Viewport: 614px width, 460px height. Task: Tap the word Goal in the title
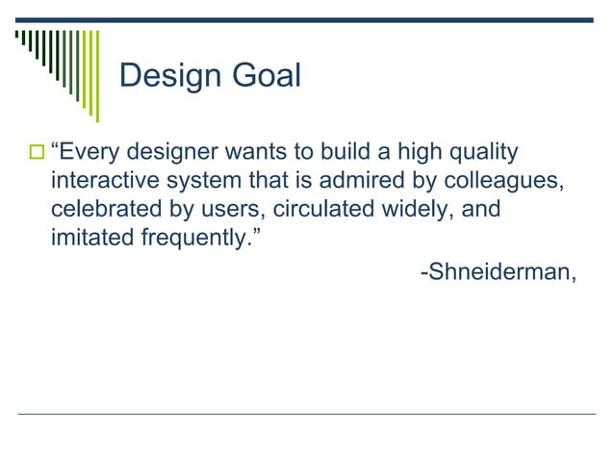[x=265, y=76]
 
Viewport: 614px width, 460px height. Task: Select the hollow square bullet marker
[x=37, y=153]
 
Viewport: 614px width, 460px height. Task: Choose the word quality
[x=483, y=152]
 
